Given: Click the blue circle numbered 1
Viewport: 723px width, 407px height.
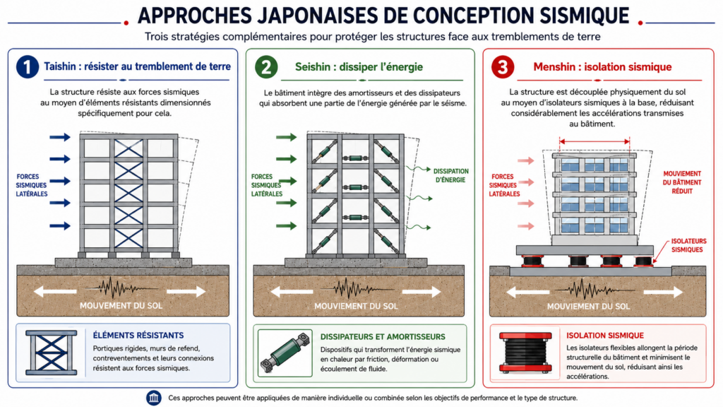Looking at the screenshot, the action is coord(28,67).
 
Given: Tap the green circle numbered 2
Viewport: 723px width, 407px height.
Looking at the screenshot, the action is coord(266,67).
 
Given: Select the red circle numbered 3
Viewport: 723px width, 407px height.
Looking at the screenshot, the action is coord(503,67).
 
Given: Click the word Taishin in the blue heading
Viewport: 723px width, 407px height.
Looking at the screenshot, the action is coord(60,66).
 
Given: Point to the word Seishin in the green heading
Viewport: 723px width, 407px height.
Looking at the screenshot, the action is coord(313,67).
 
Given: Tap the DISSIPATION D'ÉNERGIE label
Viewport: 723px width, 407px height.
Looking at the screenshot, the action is coord(450,175).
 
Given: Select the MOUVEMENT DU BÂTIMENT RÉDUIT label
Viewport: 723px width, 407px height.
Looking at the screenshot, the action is coord(682,182).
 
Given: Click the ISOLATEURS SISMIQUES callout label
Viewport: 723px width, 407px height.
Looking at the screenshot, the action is coord(688,245).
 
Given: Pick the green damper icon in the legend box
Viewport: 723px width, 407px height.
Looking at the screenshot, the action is coord(285,353).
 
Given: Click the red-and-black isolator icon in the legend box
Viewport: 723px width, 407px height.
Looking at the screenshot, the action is coord(525,353).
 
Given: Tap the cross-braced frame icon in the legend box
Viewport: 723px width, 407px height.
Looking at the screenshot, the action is coord(51,353).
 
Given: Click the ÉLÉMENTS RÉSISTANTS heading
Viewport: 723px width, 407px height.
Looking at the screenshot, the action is coord(138,336).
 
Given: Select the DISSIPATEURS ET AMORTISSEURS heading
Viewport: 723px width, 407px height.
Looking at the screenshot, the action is coord(383,337).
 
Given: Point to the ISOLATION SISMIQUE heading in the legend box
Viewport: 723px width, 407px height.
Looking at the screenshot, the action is coord(605,336).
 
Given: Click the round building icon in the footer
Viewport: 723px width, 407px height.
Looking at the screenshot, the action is coord(153,398).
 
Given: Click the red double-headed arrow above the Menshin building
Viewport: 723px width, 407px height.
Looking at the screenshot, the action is coord(594,141).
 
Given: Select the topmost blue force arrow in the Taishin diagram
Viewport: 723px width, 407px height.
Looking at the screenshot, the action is coord(60,137).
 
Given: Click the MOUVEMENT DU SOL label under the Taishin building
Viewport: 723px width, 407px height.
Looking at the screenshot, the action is coord(121,305).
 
